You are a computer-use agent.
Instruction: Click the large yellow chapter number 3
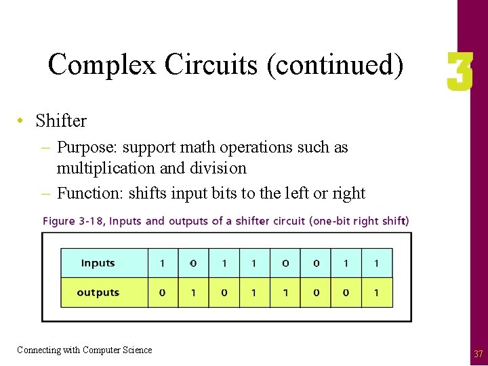459,73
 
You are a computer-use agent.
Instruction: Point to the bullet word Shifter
61,121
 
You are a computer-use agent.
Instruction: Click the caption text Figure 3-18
75,221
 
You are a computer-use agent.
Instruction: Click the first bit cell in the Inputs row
163,263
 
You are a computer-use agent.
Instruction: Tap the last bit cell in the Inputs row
376,263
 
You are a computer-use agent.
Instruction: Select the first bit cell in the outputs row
163,293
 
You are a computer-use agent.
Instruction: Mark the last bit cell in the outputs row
376,293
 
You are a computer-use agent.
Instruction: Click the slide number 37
479,354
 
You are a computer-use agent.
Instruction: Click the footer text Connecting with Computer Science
85,350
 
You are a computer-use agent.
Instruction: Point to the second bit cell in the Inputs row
193,263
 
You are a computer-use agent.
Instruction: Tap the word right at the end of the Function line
348,193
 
